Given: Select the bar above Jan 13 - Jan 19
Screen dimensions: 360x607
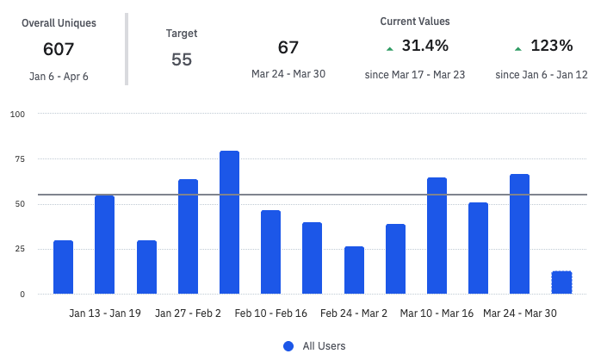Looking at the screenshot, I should pyautogui.click(x=104, y=245).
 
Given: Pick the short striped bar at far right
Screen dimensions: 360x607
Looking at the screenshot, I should pyautogui.click(x=561, y=282).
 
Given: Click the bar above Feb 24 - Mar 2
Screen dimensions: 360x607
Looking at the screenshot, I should pyautogui.click(x=354, y=270).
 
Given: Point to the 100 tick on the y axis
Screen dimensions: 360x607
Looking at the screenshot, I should pyautogui.click(x=17, y=114).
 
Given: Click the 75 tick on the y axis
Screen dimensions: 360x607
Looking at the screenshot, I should pyautogui.click(x=19, y=159).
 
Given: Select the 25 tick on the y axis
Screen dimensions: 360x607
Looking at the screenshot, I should pyautogui.click(x=19, y=249).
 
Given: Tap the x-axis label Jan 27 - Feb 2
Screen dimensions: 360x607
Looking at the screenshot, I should pyautogui.click(x=188, y=313).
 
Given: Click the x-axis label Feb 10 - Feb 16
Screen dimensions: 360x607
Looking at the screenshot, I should pyautogui.click(x=270, y=313).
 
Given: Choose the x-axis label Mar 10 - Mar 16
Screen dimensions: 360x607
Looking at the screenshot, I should pyautogui.click(x=437, y=313).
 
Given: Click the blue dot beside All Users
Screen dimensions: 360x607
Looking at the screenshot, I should pyautogui.click(x=288, y=346).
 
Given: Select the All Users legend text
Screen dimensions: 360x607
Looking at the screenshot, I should pyautogui.click(x=324, y=346).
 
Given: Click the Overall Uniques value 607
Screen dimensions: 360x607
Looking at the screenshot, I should pyautogui.click(x=59, y=49).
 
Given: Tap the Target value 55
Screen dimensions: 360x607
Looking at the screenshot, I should pyautogui.click(x=181, y=59).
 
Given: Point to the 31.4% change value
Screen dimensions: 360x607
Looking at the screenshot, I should pyautogui.click(x=425, y=47).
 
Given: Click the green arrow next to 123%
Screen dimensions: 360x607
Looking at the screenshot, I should pyautogui.click(x=517, y=49).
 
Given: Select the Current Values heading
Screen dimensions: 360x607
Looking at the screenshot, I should pyautogui.click(x=414, y=21).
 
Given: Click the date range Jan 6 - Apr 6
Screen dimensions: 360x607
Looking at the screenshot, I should pyautogui.click(x=59, y=77).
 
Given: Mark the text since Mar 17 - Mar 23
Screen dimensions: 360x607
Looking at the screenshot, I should pyautogui.click(x=414, y=75).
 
